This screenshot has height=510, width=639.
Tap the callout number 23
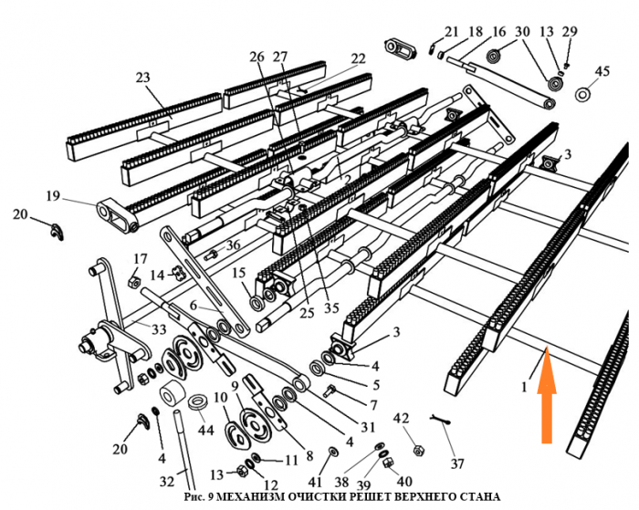142,78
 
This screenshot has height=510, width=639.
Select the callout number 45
602,71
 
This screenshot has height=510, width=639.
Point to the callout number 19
52,195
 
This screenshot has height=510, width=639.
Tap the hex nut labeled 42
417,449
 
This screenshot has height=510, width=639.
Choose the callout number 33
159,328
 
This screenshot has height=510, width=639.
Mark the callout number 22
358,58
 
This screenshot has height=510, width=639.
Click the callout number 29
571,32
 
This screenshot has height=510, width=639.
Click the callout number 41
315,480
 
